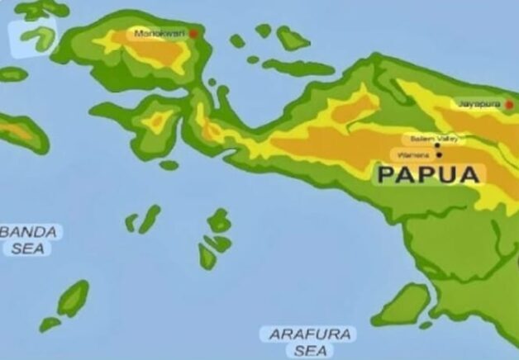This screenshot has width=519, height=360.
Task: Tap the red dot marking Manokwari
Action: pyautogui.click(x=193, y=34)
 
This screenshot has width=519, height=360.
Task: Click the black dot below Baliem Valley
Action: pyautogui.click(x=437, y=145)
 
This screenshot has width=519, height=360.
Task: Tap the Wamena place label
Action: pyautogui.click(x=412, y=154)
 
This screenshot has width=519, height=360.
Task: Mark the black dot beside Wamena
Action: pyautogui.click(x=439, y=154)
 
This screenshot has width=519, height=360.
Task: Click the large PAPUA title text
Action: pyautogui.click(x=428, y=174)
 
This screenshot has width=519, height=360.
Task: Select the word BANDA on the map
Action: pyautogui.click(x=30, y=232)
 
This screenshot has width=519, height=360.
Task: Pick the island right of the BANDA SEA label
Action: pyautogui.click(x=149, y=219)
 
